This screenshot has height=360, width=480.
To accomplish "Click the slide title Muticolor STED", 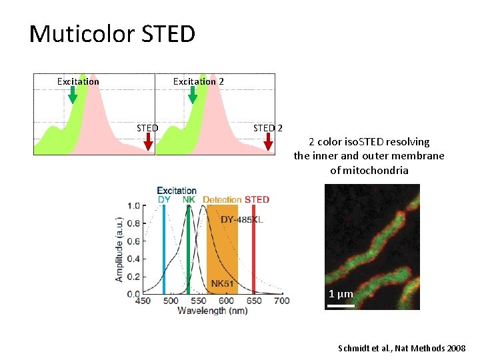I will pos(112,33).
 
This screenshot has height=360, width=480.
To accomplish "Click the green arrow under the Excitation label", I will pos(73,96).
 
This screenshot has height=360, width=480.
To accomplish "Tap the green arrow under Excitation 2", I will pos(193,96).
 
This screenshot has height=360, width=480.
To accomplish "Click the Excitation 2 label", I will pos(199,81).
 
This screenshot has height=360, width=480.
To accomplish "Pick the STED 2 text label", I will pos(268,128).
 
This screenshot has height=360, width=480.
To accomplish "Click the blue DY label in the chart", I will pos(164,199).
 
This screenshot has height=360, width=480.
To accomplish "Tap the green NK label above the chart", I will pos(189,199).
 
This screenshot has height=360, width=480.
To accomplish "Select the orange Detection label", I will pos(222,199).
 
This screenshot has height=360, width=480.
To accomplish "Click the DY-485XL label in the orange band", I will pos(241,221).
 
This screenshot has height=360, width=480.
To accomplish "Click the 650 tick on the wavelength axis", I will pos(253,301).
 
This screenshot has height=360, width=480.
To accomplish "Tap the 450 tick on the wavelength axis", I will pos(143,301).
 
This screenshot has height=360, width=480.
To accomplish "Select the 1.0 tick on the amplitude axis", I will pos(133,206).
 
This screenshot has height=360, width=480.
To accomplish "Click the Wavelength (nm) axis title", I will pos(212,311).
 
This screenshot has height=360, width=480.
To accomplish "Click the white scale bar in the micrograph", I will pos(341,306).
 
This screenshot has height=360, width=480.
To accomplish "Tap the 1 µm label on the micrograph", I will pos(341,294).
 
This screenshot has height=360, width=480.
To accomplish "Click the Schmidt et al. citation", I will pos(403,348).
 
